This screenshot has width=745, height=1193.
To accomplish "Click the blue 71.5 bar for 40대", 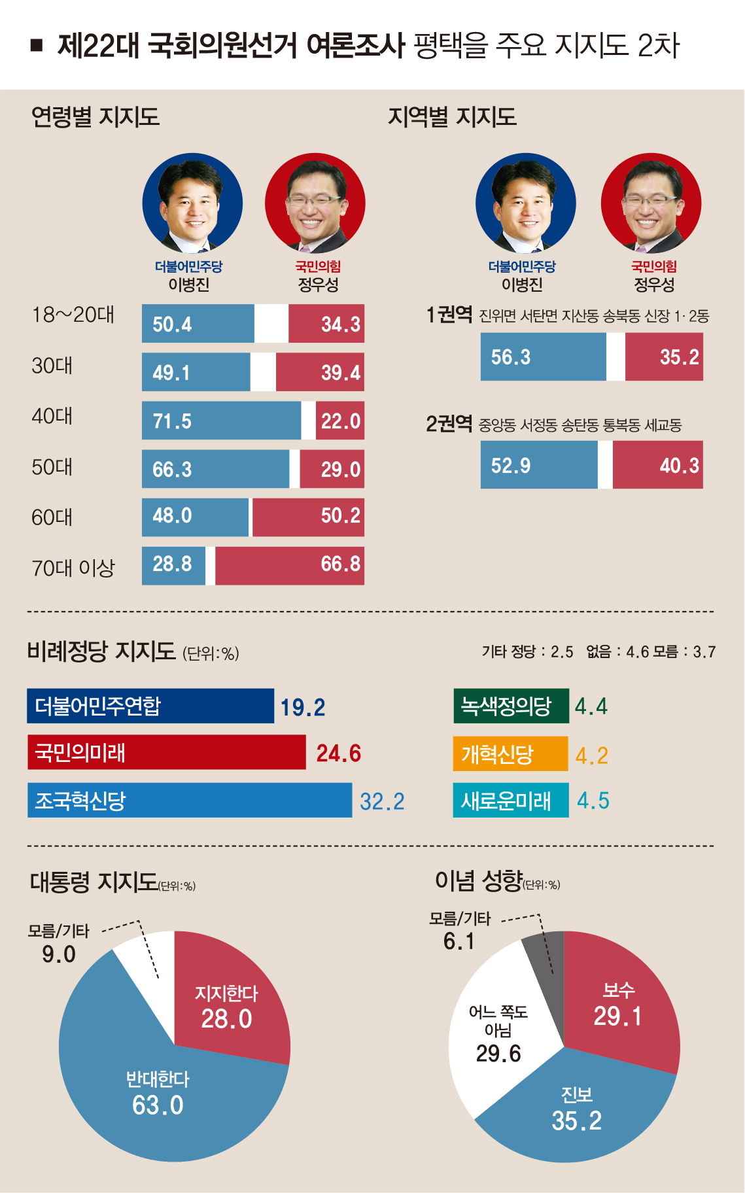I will [221, 421].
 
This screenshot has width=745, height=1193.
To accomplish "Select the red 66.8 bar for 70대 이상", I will [289, 565].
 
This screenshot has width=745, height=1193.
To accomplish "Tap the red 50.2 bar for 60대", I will [307, 517].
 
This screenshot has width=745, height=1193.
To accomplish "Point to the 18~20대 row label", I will [73, 315].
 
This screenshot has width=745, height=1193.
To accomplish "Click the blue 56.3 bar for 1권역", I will [543, 356].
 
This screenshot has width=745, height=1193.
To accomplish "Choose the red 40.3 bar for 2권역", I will [657, 465].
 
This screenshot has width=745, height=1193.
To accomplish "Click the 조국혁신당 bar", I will [189, 800].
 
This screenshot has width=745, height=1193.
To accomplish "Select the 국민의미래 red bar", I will [166, 752].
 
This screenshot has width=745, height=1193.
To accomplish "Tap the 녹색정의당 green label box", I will [511, 706].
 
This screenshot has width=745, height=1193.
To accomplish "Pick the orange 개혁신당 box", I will [510, 753].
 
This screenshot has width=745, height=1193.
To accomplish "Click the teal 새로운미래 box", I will [510, 800].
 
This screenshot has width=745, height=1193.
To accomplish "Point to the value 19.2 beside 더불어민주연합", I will [303, 707].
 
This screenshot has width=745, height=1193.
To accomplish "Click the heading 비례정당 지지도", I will [101, 651].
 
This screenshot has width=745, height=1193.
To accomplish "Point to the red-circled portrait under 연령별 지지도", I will [315, 203].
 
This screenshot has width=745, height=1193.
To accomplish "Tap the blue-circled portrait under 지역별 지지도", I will [525, 203].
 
